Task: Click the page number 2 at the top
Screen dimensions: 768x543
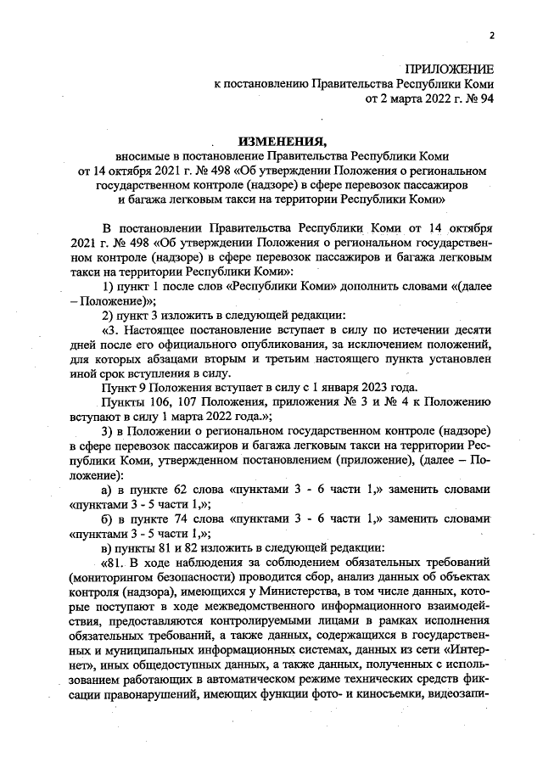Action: pos(490,35)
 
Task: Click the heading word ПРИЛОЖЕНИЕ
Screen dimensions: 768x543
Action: pos(448,68)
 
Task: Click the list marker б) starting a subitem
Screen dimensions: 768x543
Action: pos(107,517)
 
